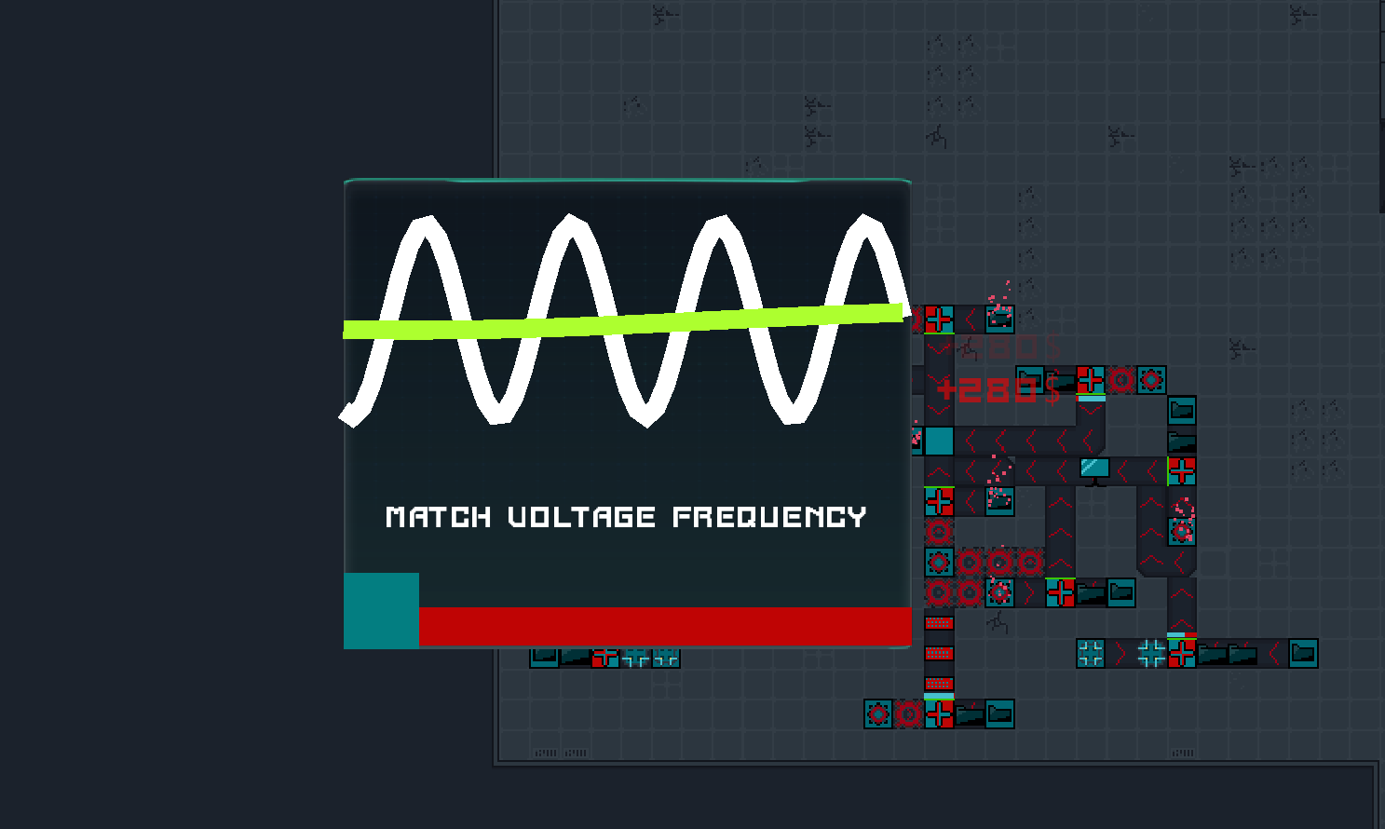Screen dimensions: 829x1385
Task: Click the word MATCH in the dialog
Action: [x=438, y=517]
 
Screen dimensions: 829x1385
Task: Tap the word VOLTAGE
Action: [x=582, y=517]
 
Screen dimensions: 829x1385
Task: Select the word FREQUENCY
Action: [x=769, y=517]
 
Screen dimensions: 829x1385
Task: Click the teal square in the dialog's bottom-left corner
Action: [x=381, y=610]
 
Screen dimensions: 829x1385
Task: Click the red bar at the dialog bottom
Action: [x=665, y=626]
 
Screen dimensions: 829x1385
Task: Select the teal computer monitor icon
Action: [x=1095, y=469]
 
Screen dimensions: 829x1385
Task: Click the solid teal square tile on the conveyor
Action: [x=939, y=441]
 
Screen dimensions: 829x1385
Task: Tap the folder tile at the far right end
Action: [x=1303, y=653]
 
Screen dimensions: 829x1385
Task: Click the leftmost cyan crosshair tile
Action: [x=1091, y=653]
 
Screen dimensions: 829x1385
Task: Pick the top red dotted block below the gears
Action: [x=939, y=622]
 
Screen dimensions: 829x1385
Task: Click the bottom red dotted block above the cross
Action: [x=939, y=684]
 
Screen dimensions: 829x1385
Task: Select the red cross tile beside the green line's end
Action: [x=939, y=319]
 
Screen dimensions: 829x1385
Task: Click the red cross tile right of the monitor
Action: [x=1182, y=470]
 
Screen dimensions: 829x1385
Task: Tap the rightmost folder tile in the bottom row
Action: [x=999, y=714]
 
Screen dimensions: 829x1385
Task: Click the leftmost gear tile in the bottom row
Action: [x=878, y=714]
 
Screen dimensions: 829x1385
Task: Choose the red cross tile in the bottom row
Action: [x=939, y=714]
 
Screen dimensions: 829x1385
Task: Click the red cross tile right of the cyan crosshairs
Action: [x=1182, y=653]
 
